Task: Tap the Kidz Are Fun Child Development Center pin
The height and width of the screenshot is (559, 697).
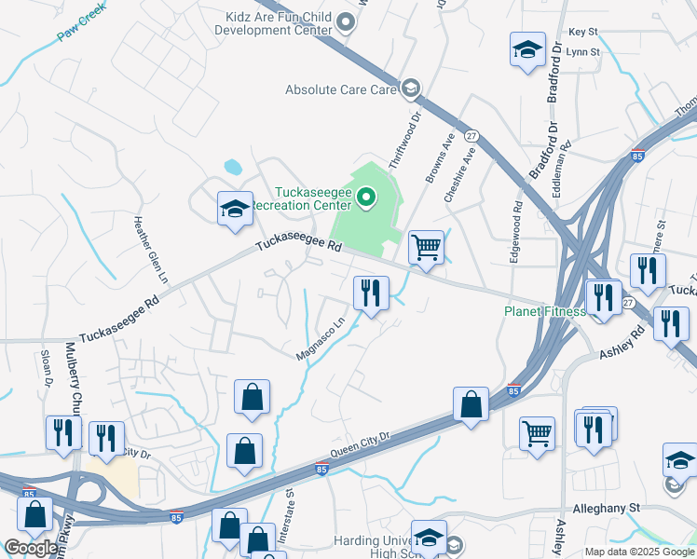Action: point(347,22)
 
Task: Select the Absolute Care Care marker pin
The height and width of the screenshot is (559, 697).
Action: point(408,89)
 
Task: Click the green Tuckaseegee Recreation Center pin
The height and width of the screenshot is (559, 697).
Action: point(365,197)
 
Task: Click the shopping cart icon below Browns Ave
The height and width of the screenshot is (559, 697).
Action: point(426,248)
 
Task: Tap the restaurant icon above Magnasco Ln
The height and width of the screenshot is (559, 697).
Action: point(371,293)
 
